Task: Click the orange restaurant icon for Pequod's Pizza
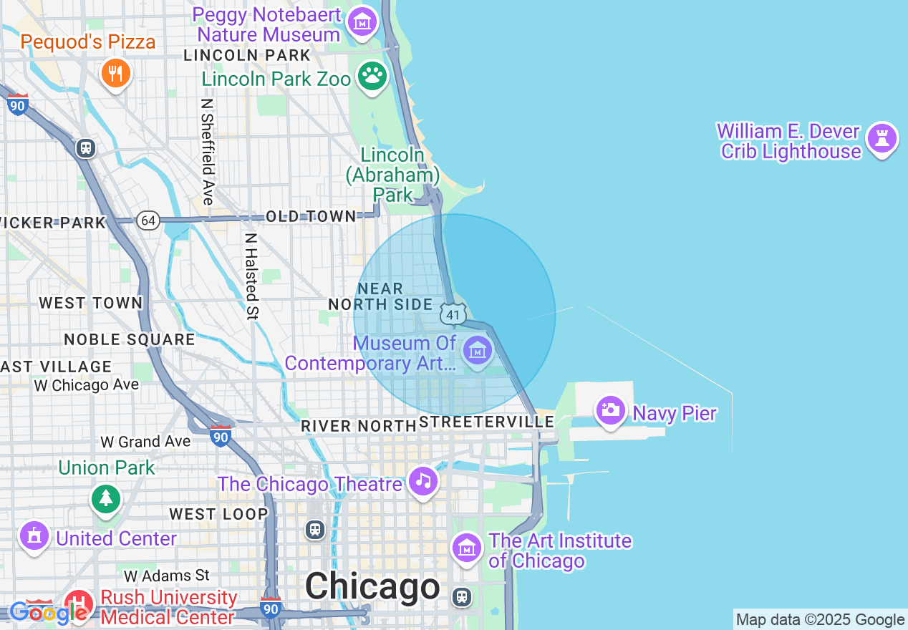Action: (x=115, y=73)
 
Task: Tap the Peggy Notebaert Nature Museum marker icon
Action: (x=362, y=21)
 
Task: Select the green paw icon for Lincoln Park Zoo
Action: (x=372, y=75)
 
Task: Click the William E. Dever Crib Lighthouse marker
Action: (x=882, y=137)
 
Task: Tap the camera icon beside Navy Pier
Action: (x=611, y=410)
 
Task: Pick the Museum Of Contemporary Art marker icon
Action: (x=476, y=350)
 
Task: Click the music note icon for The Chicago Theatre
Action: (x=423, y=481)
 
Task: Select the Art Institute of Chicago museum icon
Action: (x=466, y=548)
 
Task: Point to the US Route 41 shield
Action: (x=453, y=314)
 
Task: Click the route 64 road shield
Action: (x=148, y=220)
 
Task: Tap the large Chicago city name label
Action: (x=372, y=587)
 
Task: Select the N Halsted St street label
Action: (x=251, y=276)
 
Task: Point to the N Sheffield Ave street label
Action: (x=208, y=152)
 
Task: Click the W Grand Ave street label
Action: (x=145, y=442)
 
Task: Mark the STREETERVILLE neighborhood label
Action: (x=487, y=422)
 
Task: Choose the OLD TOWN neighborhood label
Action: (x=310, y=216)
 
